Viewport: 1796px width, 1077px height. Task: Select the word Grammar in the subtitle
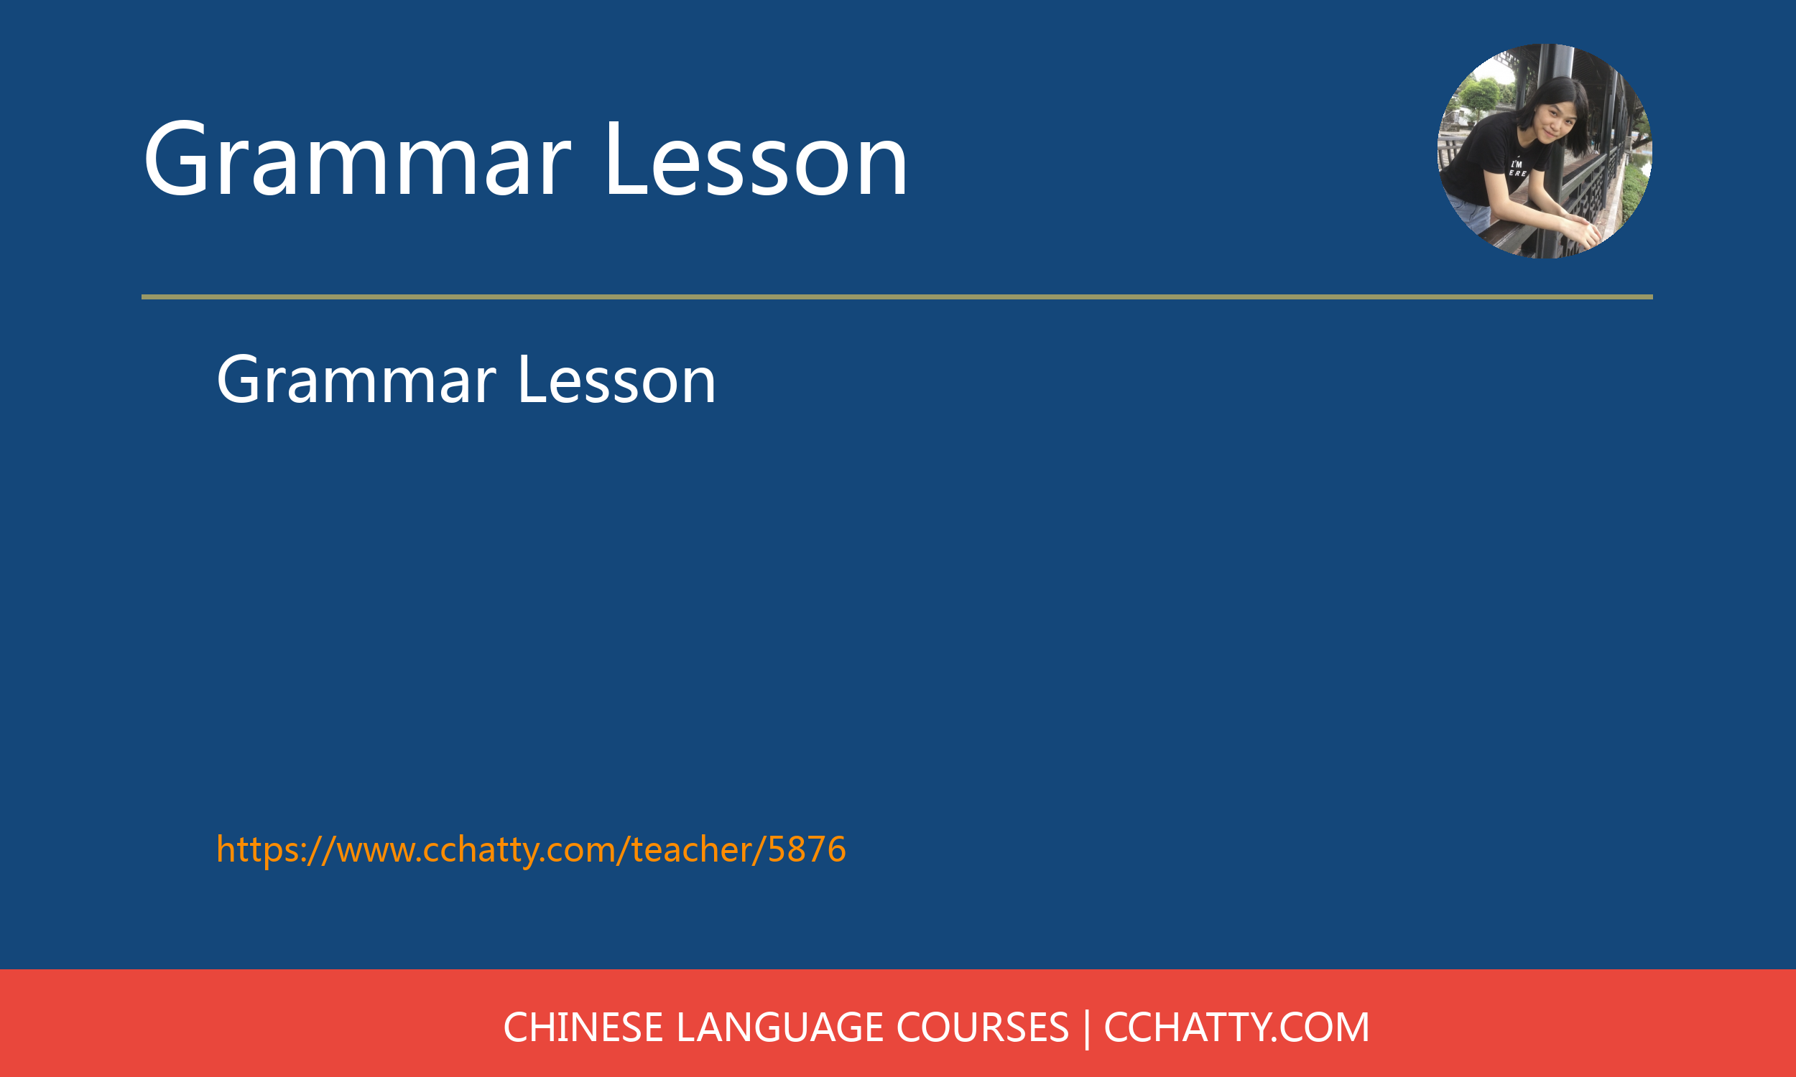(356, 380)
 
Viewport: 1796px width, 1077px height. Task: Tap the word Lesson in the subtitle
(617, 380)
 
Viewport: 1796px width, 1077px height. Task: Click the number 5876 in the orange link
(807, 849)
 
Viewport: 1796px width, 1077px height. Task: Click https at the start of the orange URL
(258, 850)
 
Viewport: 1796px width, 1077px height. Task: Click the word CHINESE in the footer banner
(583, 1027)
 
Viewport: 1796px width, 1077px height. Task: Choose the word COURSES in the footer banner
(982, 1027)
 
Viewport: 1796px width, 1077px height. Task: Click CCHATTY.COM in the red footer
(1236, 1027)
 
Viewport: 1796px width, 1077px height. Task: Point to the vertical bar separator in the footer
(1087, 1029)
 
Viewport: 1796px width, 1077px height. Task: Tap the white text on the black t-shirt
(1517, 169)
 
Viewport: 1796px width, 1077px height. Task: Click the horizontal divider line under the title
(897, 297)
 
